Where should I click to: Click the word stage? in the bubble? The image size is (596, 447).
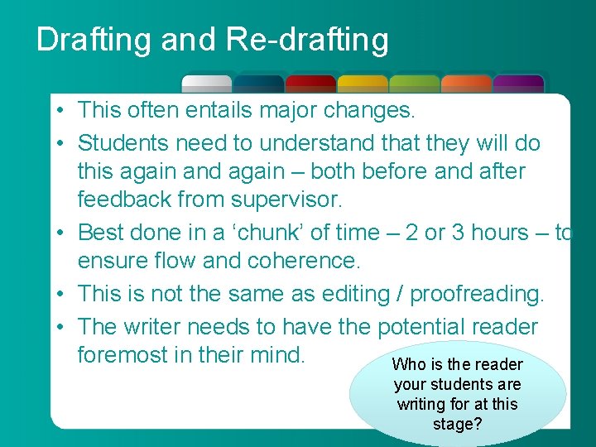point(458,425)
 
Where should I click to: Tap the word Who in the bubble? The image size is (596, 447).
point(406,364)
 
